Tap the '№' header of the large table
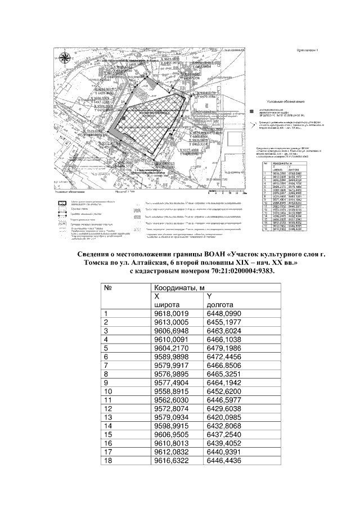tap(109, 288)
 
